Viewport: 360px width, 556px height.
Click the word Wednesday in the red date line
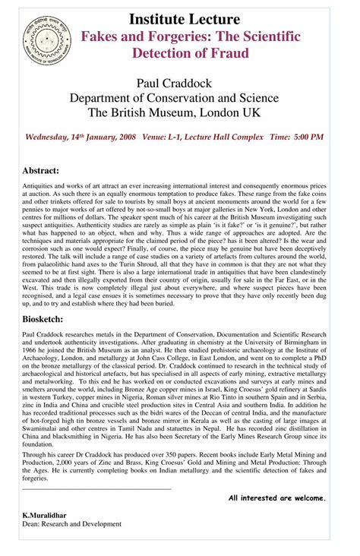click(51, 137)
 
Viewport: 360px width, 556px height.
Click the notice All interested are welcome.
click(277, 498)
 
